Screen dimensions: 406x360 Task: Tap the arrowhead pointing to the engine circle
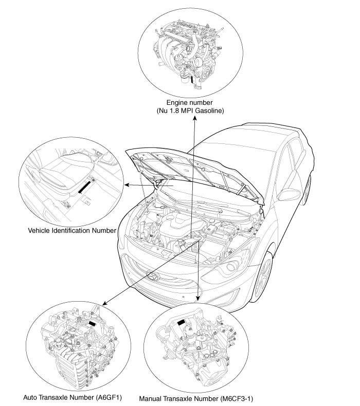(x=195, y=119)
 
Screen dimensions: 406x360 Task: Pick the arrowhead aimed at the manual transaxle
(x=199, y=299)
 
